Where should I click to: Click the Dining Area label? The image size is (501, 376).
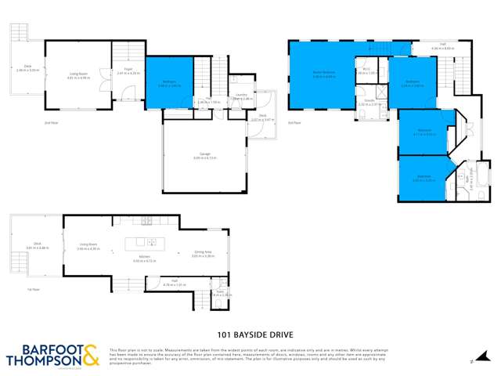point(204,251)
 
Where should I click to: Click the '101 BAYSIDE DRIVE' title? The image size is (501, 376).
point(250,322)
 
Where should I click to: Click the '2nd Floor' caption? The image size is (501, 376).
point(52,122)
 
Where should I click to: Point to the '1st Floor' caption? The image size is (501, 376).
point(34,290)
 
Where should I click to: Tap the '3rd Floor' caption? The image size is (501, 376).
point(294,122)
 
